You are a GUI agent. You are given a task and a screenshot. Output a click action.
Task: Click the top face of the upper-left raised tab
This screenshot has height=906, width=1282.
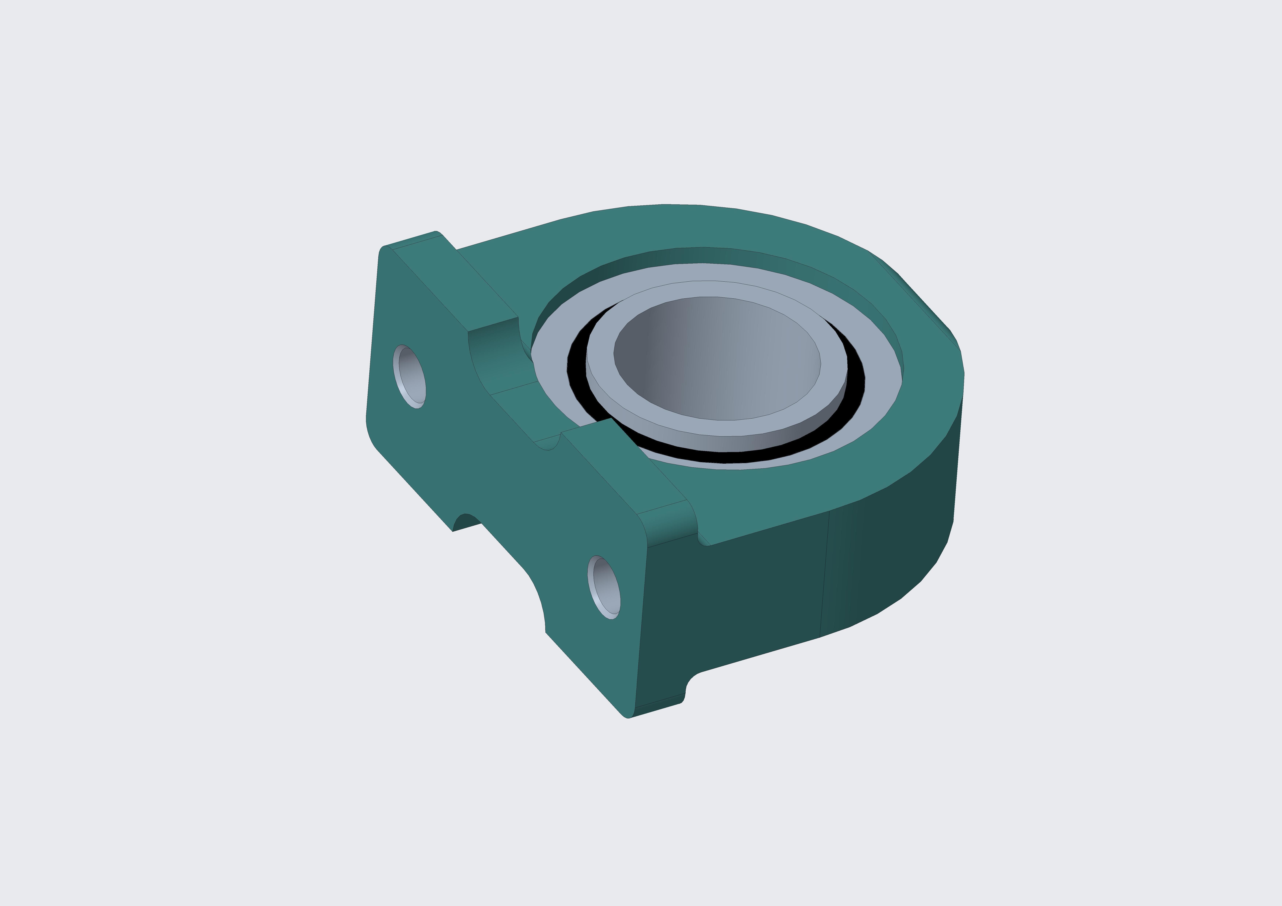[455, 282]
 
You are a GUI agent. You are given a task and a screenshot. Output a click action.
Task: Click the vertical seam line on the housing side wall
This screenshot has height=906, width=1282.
[825, 575]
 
